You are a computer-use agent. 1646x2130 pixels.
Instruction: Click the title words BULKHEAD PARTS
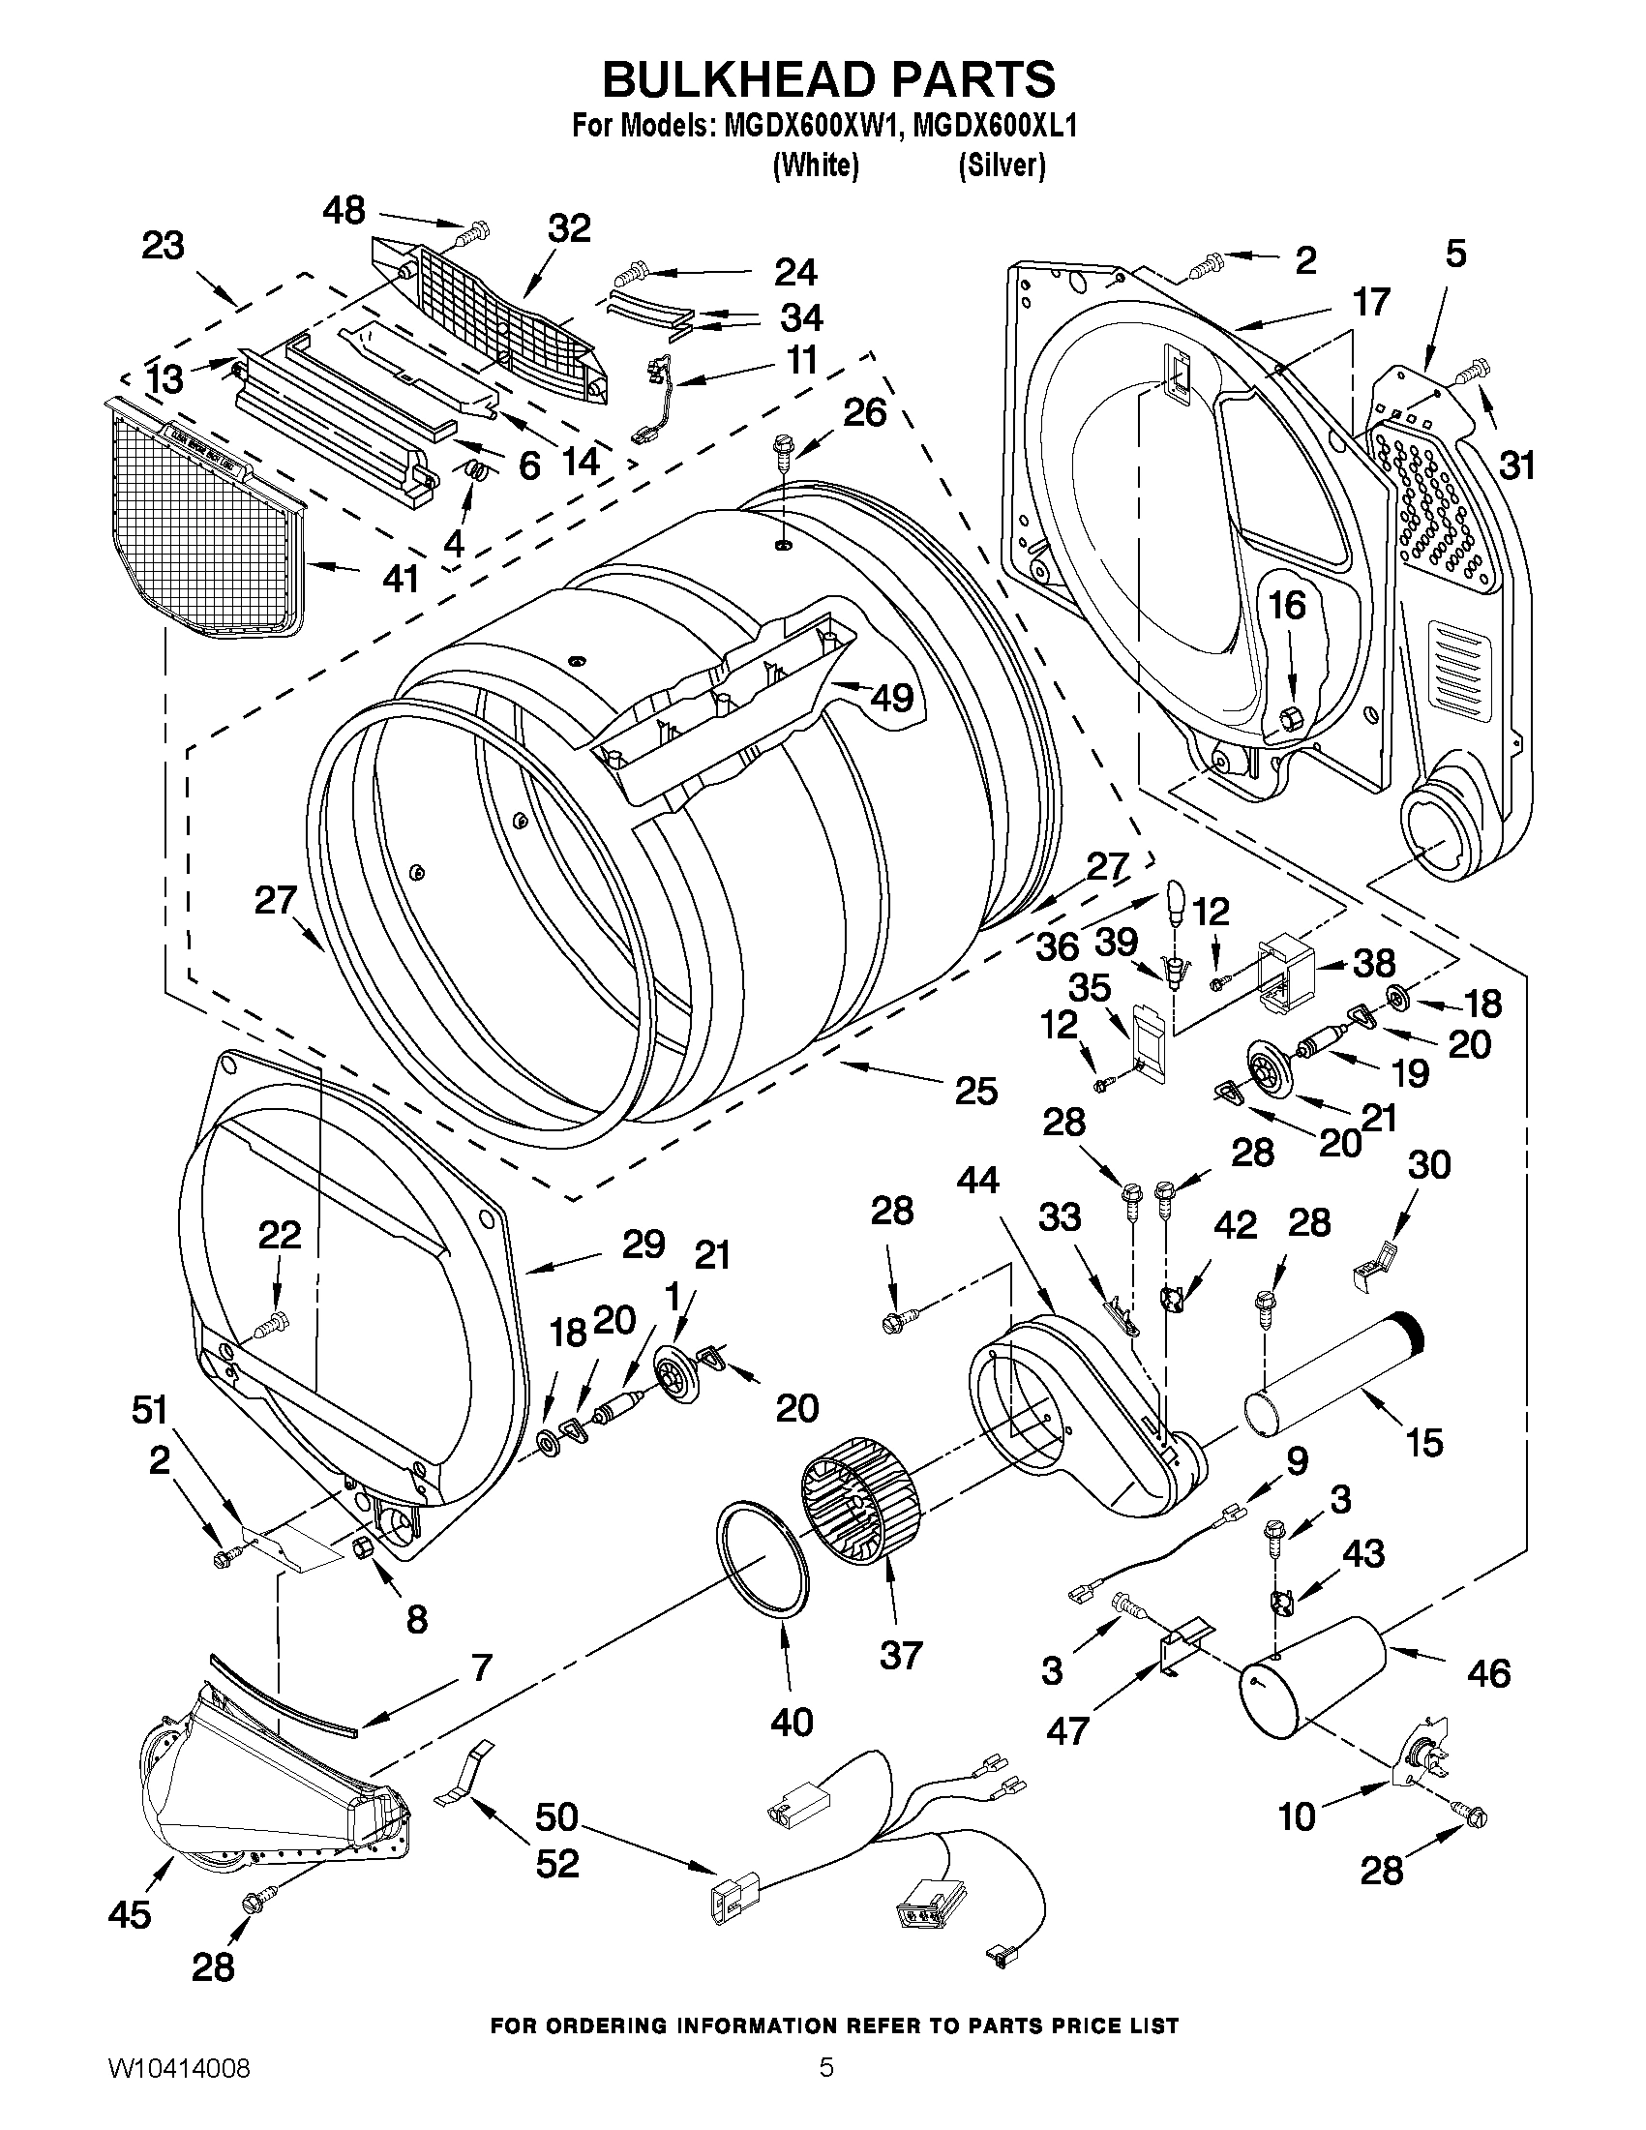point(828,80)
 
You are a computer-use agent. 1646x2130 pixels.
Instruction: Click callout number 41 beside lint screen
point(400,579)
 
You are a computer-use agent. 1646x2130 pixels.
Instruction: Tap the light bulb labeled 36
point(1178,901)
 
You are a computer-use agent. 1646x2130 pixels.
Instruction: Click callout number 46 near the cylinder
point(1487,1673)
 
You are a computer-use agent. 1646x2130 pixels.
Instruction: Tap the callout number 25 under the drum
point(975,1090)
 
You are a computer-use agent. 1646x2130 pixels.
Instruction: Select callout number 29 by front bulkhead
point(643,1245)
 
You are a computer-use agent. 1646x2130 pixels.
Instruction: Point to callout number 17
point(1370,303)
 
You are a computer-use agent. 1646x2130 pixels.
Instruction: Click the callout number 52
point(556,1864)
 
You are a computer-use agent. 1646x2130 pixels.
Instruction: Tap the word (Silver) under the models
point(1002,166)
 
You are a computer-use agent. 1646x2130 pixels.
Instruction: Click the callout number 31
point(1516,465)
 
